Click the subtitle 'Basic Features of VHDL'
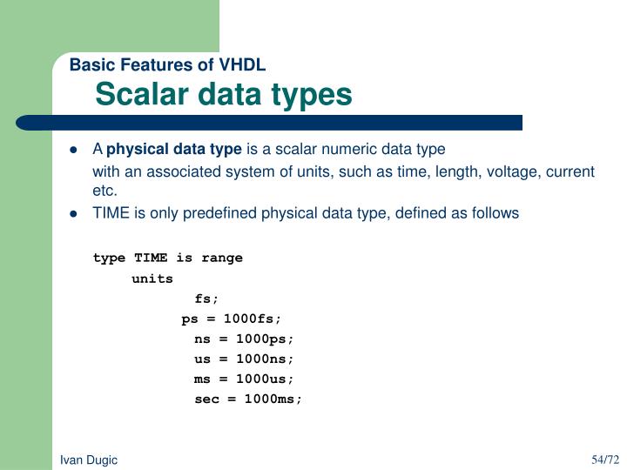pos(167,65)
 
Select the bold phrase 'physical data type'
pos(173,149)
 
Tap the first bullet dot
pos(74,150)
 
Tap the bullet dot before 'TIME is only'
pos(74,213)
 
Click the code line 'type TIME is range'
pos(168,258)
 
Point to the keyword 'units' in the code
pos(152,279)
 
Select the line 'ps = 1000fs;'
pos(232,319)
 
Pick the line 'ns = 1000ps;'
pos(245,339)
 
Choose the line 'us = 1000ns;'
pos(245,359)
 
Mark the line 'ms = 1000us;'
pos(245,379)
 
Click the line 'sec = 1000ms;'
pos(248,399)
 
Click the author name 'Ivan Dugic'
pos(89,460)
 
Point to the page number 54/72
pos(604,459)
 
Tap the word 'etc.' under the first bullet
pos(104,190)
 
